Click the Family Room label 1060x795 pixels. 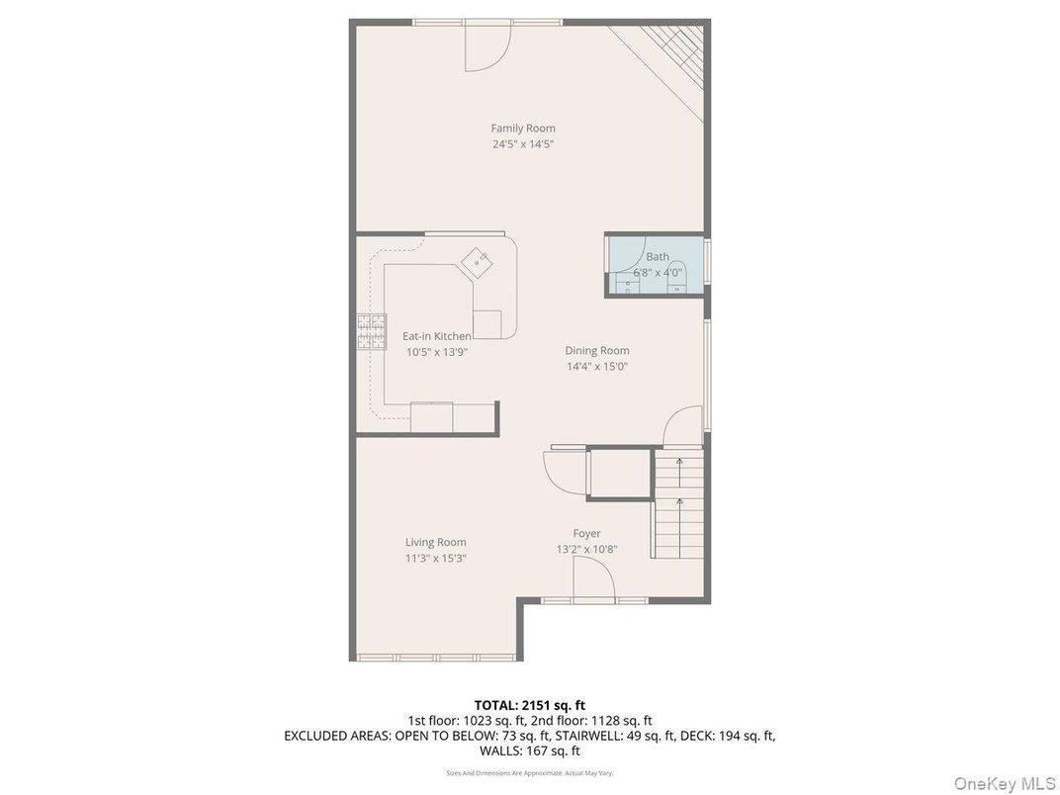pos(523,128)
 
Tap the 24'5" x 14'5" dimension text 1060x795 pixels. pos(523,143)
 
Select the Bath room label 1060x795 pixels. pos(658,257)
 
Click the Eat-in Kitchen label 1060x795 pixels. pos(436,336)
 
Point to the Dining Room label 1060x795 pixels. pos(597,350)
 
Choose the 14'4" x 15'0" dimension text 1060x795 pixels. pos(597,366)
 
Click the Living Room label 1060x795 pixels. pos(435,542)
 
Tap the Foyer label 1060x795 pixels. pos(586,534)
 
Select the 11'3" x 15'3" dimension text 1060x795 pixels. pos(435,558)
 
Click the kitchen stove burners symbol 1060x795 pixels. pos(371,332)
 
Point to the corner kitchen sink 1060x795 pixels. pos(480,261)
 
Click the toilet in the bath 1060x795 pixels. pos(677,286)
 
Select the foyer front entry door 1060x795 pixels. pos(593,578)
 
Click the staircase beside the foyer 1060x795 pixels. pos(678,504)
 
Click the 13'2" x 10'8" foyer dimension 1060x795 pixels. pos(586,550)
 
